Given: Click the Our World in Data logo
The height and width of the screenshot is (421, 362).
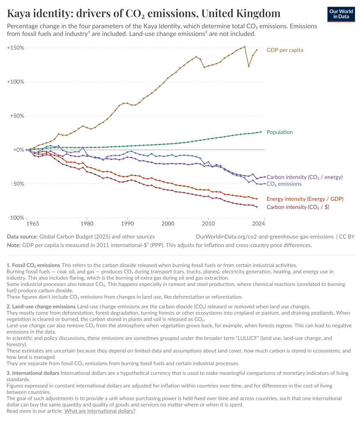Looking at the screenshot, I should tap(341, 14).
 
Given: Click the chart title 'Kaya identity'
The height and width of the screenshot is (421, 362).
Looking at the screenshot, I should tap(144, 14).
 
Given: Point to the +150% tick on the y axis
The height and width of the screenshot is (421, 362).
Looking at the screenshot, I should tap(15, 48).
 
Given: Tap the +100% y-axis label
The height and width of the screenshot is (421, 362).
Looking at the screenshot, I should tap(15, 82).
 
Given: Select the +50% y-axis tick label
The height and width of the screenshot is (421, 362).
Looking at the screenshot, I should tap(16, 116).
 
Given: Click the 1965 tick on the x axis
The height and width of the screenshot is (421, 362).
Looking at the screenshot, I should tap(32, 224).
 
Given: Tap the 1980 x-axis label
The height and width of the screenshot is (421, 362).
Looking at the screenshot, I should tap(87, 224).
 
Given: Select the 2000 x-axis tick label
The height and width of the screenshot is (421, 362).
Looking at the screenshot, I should tap(168, 224).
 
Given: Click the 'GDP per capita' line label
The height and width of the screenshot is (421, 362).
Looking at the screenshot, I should tap(285, 50).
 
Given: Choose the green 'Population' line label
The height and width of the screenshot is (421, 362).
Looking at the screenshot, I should tap(280, 132).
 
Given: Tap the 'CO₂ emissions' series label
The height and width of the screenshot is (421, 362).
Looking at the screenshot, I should tap(284, 184).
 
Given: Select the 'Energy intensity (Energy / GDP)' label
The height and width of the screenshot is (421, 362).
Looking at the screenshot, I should tap(305, 199).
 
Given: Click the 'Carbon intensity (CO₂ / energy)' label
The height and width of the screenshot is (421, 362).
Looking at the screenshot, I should tap(304, 177).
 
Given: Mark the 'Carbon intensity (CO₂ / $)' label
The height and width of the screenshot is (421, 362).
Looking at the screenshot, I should tap(298, 207).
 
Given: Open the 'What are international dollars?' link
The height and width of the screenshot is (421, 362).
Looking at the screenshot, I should tap(100, 411).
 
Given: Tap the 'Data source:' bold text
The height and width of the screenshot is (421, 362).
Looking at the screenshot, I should tap(22, 236).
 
